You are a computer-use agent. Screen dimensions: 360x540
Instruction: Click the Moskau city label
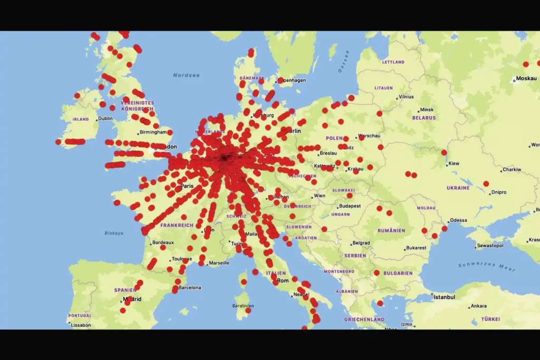[x=526, y=79]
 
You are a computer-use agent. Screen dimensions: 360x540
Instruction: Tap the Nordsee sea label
[x=186, y=75]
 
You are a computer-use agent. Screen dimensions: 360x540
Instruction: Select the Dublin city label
[x=105, y=119]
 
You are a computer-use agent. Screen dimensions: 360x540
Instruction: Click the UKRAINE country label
[x=458, y=188]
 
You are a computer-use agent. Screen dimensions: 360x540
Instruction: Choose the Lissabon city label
[x=81, y=325]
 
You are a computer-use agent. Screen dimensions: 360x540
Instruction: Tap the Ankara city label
[x=478, y=306]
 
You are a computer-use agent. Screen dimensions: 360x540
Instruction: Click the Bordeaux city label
[x=162, y=243]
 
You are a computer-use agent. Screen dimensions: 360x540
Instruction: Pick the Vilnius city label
[x=406, y=97]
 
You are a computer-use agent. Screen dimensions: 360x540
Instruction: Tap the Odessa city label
[x=458, y=220]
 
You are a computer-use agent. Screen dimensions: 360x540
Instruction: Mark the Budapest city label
[x=350, y=206]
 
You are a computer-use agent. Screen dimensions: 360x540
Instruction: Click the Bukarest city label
[x=416, y=248]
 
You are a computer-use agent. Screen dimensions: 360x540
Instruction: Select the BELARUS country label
[x=424, y=118]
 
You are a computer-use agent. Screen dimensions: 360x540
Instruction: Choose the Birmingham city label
[x=153, y=132]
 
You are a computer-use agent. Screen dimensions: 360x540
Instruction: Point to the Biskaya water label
[x=114, y=233]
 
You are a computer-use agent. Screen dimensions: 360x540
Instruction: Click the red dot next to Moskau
[x=526, y=64]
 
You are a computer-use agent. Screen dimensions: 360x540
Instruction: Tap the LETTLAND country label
[x=393, y=62]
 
